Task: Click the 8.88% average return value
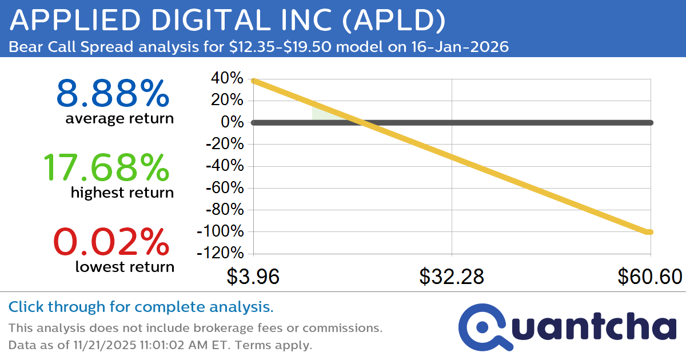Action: [x=113, y=94]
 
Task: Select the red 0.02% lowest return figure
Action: [x=111, y=242]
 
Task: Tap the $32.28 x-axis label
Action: [x=452, y=277]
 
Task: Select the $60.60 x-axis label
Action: [x=649, y=277]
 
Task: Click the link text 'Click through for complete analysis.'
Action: [x=141, y=307]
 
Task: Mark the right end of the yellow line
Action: [x=649, y=231]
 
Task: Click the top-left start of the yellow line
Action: [x=254, y=81]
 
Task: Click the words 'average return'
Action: [x=119, y=119]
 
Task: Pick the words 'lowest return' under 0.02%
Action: [x=124, y=266]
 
